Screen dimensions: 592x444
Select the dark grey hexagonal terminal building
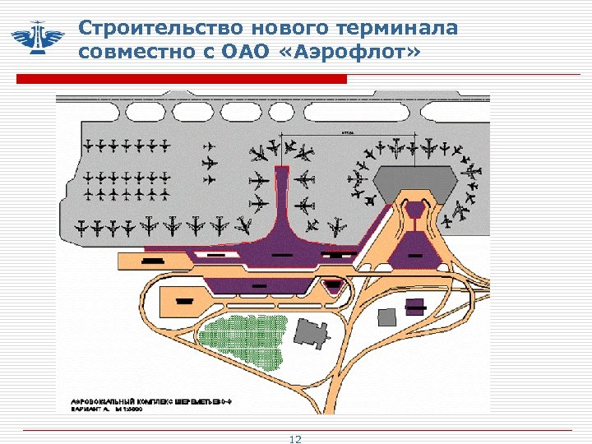(414, 182)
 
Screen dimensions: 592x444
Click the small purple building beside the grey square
(417, 307)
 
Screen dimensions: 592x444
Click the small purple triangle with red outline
(333, 285)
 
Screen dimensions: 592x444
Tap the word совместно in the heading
(132, 53)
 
